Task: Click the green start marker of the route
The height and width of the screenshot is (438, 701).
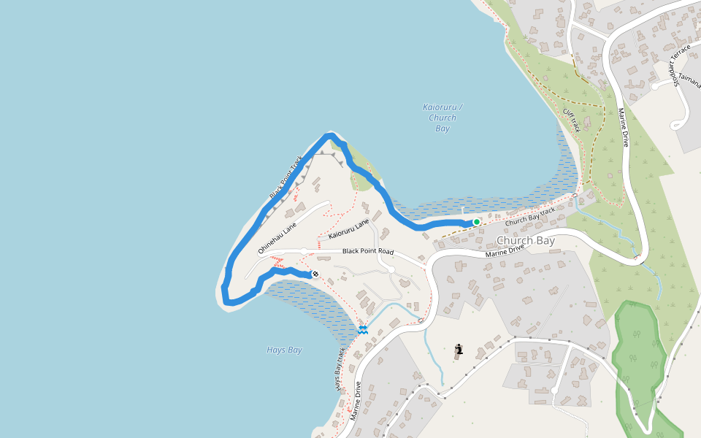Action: click(476, 222)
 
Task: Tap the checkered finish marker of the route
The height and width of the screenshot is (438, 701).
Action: click(315, 274)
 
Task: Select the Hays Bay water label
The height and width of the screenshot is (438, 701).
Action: click(284, 350)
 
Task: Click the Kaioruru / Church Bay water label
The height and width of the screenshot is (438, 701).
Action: click(442, 118)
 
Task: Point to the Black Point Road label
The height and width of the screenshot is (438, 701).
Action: click(368, 252)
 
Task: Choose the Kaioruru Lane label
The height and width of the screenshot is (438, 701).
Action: click(349, 229)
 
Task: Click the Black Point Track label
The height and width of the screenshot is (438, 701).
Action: click(286, 177)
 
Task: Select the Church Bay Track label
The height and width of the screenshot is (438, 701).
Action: click(530, 216)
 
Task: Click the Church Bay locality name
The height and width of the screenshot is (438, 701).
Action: click(526, 240)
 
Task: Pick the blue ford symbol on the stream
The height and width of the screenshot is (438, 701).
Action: click(362, 330)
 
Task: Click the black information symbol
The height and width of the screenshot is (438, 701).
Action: click(459, 350)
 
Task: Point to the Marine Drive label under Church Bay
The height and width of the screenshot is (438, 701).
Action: click(505, 250)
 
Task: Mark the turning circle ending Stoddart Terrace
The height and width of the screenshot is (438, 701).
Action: click(656, 85)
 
